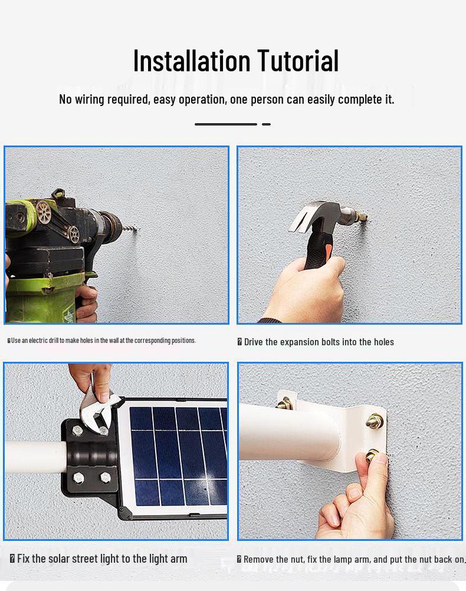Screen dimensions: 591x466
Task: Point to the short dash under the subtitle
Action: (x=266, y=124)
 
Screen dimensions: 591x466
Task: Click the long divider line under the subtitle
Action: (x=225, y=124)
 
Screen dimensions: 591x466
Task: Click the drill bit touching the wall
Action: (x=131, y=229)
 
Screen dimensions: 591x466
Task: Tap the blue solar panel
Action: (x=177, y=454)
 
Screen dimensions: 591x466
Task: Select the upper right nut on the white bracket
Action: (x=374, y=421)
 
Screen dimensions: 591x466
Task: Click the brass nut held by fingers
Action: (x=373, y=455)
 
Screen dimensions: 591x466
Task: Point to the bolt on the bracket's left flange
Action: (x=284, y=404)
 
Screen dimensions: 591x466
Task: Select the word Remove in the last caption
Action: (x=258, y=559)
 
